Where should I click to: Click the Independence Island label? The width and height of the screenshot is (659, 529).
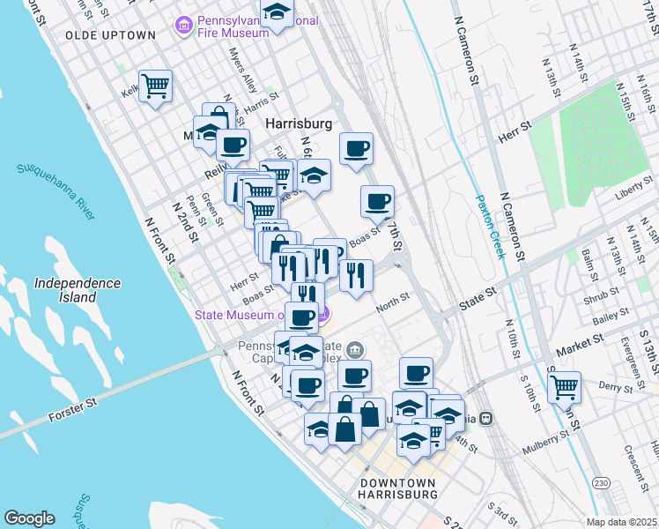tap(77, 290)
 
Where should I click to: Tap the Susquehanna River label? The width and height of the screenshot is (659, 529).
tap(56, 189)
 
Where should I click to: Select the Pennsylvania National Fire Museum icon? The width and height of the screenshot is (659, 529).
tap(185, 25)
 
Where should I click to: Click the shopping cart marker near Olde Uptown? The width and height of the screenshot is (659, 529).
tap(156, 86)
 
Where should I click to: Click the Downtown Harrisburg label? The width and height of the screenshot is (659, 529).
tap(399, 489)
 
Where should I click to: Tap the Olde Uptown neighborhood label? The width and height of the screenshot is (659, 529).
tap(110, 35)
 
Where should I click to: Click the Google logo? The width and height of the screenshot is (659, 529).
tap(29, 518)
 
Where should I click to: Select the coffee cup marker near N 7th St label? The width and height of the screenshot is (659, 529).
tap(377, 201)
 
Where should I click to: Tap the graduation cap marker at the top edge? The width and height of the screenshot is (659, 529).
tap(278, 12)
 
